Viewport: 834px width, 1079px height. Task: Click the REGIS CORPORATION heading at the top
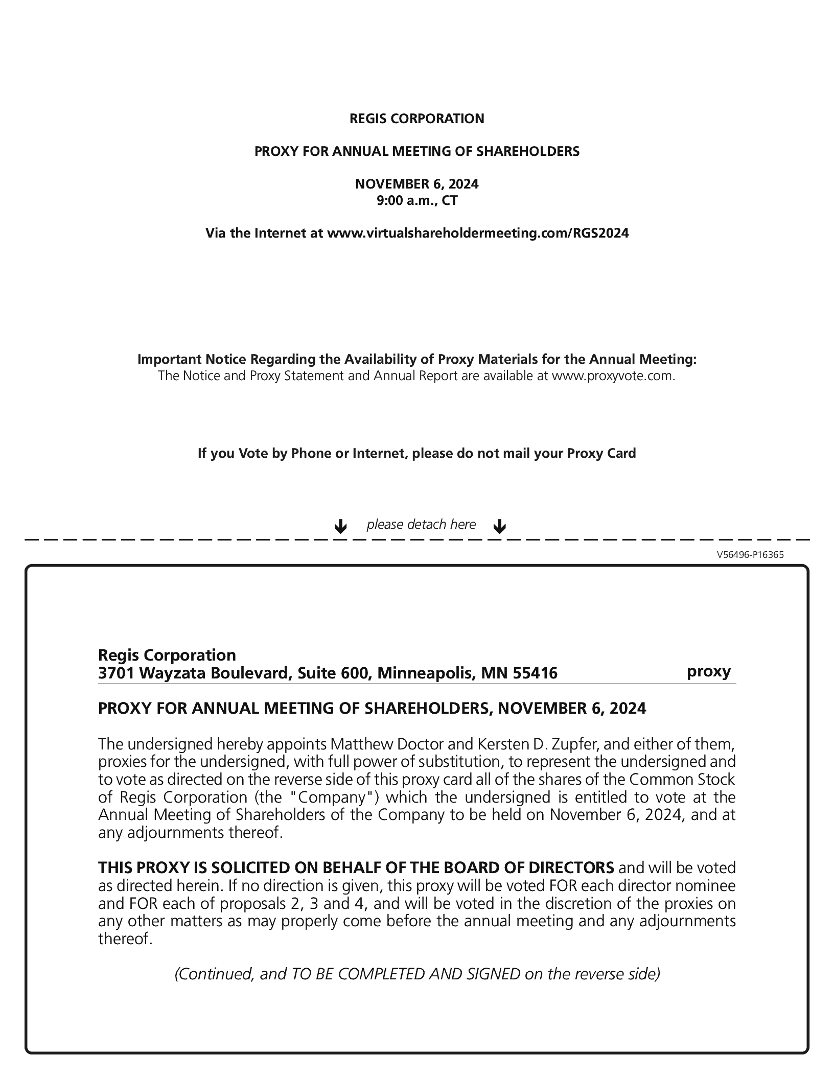[x=416, y=119]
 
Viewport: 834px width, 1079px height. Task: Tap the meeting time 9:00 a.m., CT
[x=416, y=200]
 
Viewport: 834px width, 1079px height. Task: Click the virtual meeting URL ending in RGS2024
[x=478, y=233]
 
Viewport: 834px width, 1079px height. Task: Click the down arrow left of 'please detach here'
[x=340, y=526]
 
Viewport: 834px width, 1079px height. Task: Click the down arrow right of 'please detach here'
[x=499, y=526]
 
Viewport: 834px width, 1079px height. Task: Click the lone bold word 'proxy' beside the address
[x=709, y=671]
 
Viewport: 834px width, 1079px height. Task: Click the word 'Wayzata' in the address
[x=172, y=673]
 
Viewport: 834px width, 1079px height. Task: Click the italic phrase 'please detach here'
[x=421, y=525]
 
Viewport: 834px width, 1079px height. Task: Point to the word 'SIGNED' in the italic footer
[x=493, y=974]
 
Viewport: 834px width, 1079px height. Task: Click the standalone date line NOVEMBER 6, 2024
[x=416, y=184]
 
